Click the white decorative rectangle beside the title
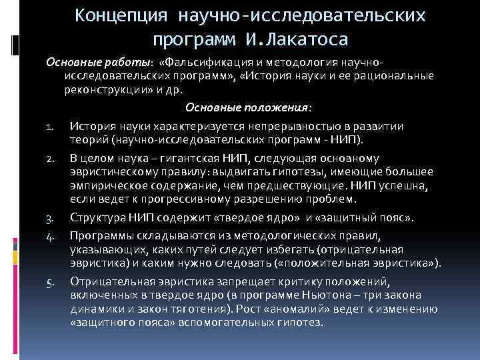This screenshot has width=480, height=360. coord(14,43)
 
